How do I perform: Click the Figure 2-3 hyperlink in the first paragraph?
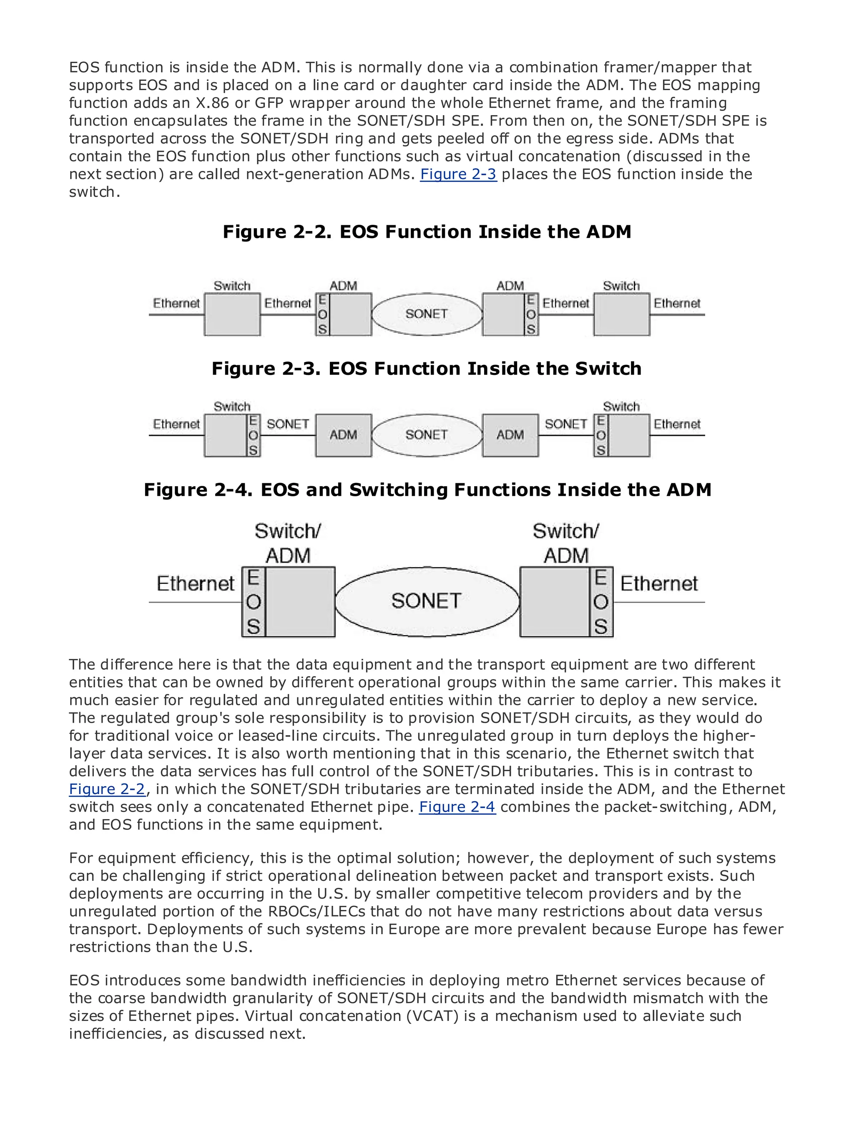(x=458, y=174)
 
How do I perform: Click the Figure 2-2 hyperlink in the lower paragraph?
(x=107, y=789)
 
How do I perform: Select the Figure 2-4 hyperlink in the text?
(x=457, y=807)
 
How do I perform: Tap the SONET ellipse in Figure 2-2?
(x=427, y=314)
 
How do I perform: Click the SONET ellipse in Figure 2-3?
(x=427, y=435)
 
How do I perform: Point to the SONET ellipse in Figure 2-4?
(x=427, y=601)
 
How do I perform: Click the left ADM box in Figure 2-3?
(x=344, y=435)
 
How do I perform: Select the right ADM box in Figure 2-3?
(x=510, y=435)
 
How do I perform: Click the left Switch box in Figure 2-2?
(x=232, y=314)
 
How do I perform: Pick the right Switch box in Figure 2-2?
(x=621, y=314)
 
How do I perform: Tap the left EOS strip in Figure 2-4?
(x=253, y=602)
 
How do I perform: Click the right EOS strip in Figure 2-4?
(x=601, y=602)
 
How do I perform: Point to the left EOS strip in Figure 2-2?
(x=322, y=314)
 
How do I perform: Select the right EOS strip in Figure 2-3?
(x=601, y=435)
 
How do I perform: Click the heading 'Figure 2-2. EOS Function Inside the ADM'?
(x=427, y=232)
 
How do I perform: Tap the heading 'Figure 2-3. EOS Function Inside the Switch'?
(x=427, y=369)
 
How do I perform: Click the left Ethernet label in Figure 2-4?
(x=196, y=583)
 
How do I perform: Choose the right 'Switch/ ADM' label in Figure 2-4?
(x=566, y=543)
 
